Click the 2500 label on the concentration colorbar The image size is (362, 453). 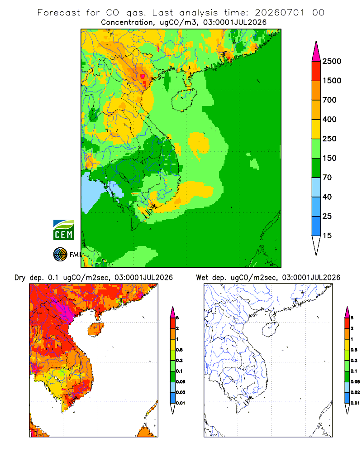pos(332,61)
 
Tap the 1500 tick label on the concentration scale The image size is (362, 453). pos(332,81)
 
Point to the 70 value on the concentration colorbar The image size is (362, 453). pos(327,178)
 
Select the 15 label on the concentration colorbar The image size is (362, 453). pos(327,236)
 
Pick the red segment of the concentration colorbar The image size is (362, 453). pos(316,71)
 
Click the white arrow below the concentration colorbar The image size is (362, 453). pos(316,245)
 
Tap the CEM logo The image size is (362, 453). pos(63,230)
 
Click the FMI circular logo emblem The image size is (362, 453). pos(60,255)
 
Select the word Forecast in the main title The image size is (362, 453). pos(59,13)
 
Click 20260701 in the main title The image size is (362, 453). pos(280,13)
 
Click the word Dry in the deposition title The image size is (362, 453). pos(20,278)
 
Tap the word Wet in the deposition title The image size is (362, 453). pos(202,278)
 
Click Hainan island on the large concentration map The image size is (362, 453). pos(184,100)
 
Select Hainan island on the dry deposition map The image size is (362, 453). pos(96,329)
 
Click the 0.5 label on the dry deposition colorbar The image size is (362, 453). pos(179,350)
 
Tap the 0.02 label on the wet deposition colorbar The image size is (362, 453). pos(355,392)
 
